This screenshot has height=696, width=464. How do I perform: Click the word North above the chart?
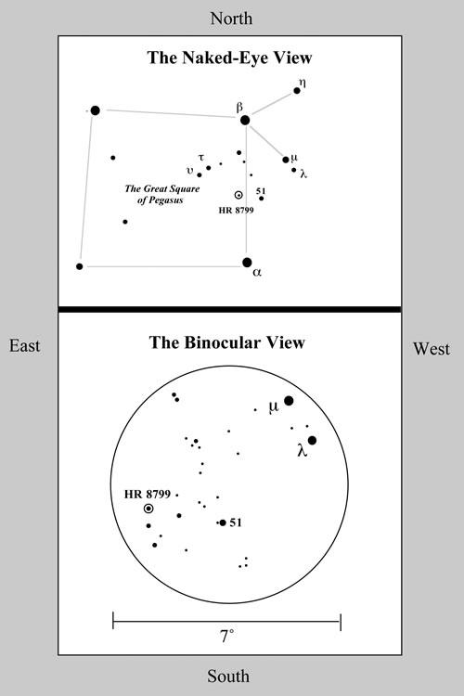click(x=231, y=19)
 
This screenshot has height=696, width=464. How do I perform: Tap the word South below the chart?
click(x=228, y=676)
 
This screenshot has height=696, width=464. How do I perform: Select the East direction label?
click(x=25, y=346)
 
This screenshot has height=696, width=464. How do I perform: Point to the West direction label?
click(x=432, y=348)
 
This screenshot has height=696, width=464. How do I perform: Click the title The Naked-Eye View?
click(x=229, y=58)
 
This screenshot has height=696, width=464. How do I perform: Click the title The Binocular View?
click(x=226, y=342)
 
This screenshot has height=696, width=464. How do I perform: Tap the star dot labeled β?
click(x=245, y=120)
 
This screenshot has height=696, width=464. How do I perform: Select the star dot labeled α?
click(x=248, y=263)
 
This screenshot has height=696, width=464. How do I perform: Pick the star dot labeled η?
click(x=297, y=91)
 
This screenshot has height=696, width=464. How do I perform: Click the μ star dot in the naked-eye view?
click(x=286, y=160)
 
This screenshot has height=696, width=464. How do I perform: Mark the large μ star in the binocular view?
click(x=289, y=401)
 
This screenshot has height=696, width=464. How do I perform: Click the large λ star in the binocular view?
click(x=312, y=440)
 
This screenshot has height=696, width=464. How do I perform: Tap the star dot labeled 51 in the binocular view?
click(x=223, y=522)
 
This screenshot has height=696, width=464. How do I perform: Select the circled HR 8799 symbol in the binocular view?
click(x=148, y=509)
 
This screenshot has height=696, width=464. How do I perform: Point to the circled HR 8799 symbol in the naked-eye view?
click(x=238, y=195)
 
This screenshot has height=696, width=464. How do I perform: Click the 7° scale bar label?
click(x=226, y=637)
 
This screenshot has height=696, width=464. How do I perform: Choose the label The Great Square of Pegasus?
click(x=161, y=194)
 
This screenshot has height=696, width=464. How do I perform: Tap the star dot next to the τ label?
click(x=208, y=168)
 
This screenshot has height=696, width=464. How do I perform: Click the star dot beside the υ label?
click(x=200, y=174)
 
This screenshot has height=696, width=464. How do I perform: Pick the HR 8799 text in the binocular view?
click(x=148, y=494)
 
